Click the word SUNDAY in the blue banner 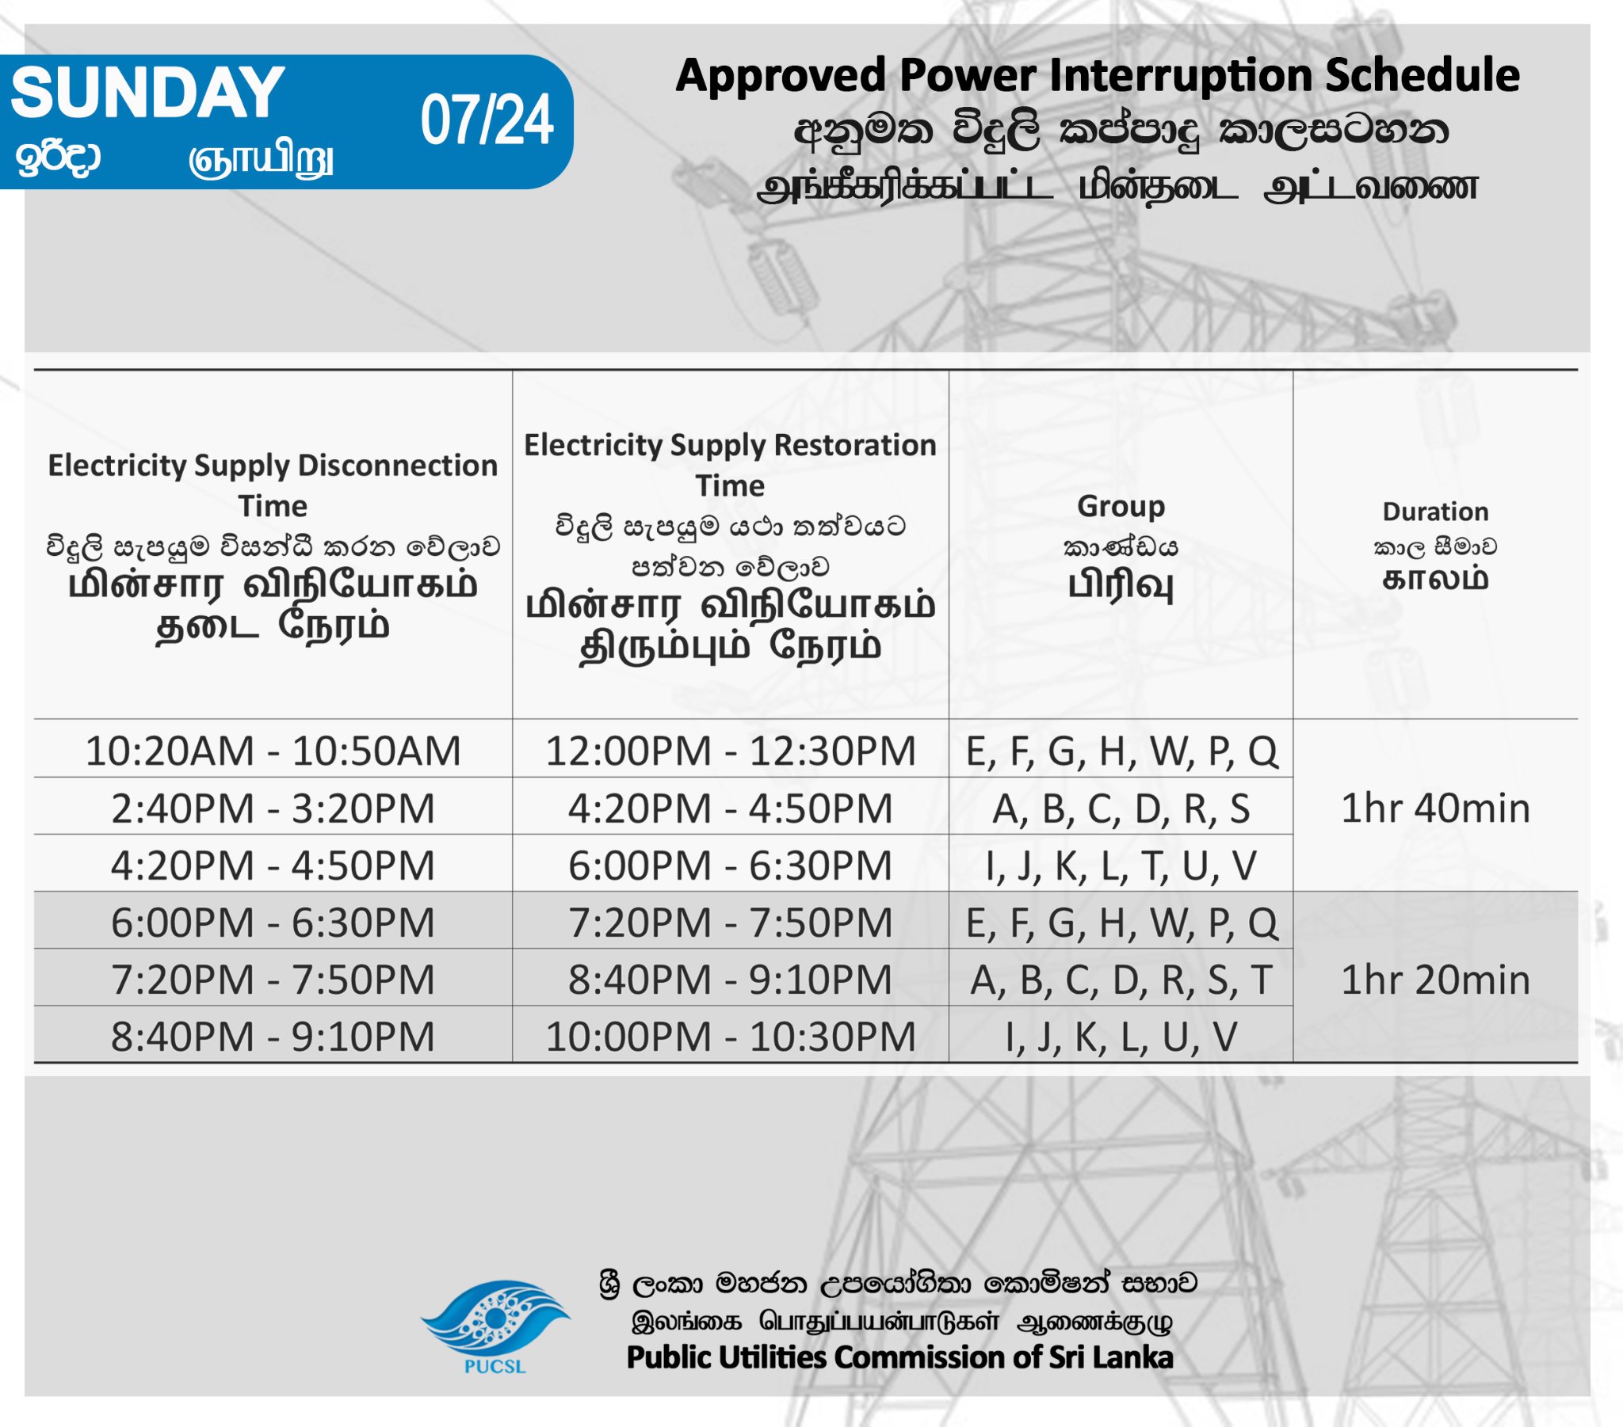[147, 92]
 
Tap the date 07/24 [487, 120]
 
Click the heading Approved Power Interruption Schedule [1098, 76]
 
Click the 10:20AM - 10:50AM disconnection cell [273, 751]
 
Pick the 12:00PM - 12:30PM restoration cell [731, 751]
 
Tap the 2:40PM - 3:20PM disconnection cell [273, 808]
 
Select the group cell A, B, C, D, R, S [1121, 808]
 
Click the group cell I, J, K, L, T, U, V [1121, 865]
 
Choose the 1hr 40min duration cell [1435, 808]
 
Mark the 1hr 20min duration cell [1435, 980]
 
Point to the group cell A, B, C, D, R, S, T [1121, 980]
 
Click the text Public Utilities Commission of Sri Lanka [899, 1357]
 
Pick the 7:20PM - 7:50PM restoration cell [731, 923]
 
